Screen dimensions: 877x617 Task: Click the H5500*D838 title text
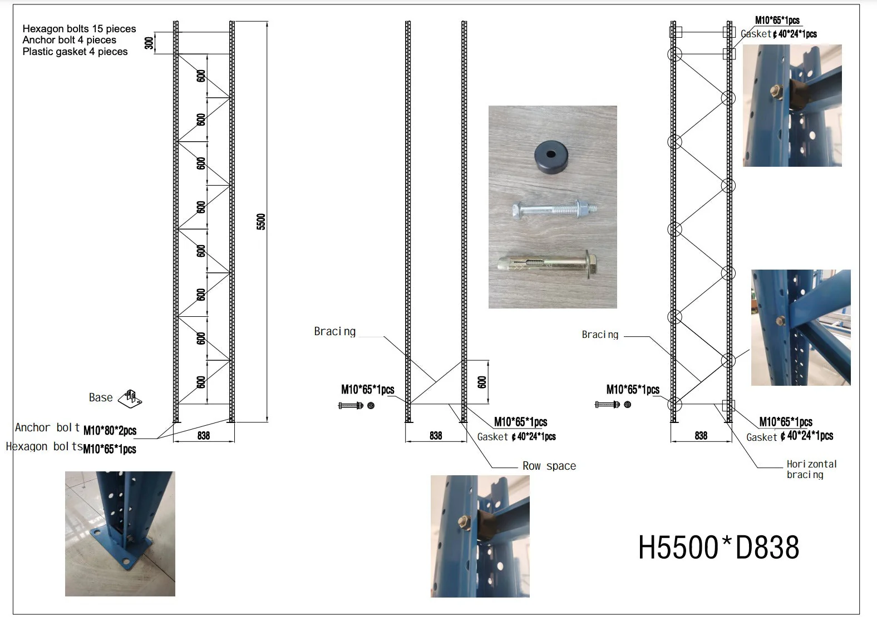(718, 547)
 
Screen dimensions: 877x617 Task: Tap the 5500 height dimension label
(261, 222)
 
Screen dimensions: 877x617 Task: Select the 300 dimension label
(149, 43)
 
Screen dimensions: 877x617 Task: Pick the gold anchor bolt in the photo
(548, 265)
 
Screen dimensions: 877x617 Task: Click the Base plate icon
(130, 399)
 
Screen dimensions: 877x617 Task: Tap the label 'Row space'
(549, 466)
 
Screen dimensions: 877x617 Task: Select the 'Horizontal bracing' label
(811, 469)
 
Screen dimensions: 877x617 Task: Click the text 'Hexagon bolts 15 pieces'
(79, 28)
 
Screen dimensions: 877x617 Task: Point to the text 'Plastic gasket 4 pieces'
(75, 52)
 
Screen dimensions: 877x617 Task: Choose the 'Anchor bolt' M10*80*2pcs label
(76, 429)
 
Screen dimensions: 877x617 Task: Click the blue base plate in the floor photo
(121, 545)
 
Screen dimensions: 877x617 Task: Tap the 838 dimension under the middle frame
(436, 436)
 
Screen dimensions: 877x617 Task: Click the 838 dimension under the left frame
(204, 436)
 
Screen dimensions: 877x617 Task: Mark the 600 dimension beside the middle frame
(482, 382)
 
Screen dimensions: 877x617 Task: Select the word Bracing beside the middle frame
(335, 332)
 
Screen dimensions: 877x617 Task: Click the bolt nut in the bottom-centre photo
(465, 522)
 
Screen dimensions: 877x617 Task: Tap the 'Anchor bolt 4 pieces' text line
(70, 40)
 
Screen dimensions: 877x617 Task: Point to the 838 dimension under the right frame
(701, 436)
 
